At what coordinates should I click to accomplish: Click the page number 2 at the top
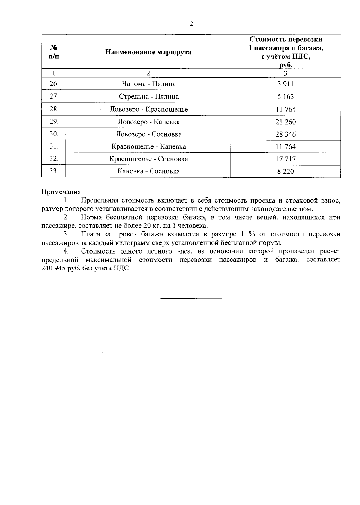pos(191,24)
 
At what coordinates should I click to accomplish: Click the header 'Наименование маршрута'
pos(148,52)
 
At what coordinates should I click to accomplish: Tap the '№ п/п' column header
pos(54,52)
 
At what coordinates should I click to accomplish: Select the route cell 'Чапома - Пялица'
pos(149,84)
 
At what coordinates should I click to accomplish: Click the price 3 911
pos(286,84)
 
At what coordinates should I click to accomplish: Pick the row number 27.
pos(54,96)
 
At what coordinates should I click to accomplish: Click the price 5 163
pos(286,97)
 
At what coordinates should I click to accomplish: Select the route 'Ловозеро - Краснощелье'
pos(149,109)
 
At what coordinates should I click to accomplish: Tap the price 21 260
pos(286,122)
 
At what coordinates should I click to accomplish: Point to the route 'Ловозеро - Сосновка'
pos(149,134)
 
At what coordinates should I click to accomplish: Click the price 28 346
pos(286,134)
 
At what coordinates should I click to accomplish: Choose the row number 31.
pos(54,146)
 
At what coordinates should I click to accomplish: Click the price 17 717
pos(286,159)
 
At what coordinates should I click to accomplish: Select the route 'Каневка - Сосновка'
pos(149,171)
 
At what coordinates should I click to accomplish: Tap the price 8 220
pos(286,171)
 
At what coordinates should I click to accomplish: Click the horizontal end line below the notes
pos(191,298)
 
